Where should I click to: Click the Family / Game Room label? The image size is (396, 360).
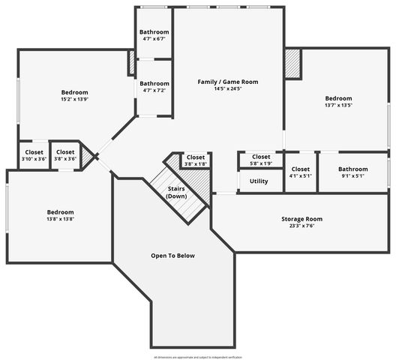pos(227,81)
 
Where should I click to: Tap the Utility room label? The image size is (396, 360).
pos(259,181)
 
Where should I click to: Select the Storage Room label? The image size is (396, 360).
pos(302,219)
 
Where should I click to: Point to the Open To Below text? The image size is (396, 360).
pos(172,256)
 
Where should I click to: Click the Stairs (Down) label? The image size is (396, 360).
pos(177,192)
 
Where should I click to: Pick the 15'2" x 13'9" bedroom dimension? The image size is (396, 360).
pos(74,100)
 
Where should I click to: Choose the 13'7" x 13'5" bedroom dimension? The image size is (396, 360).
pos(338,106)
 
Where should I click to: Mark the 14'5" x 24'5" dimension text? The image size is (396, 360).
pos(227,88)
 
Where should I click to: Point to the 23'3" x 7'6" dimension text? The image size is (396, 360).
pos(302,226)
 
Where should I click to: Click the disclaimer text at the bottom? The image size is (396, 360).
pos(198,358)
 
